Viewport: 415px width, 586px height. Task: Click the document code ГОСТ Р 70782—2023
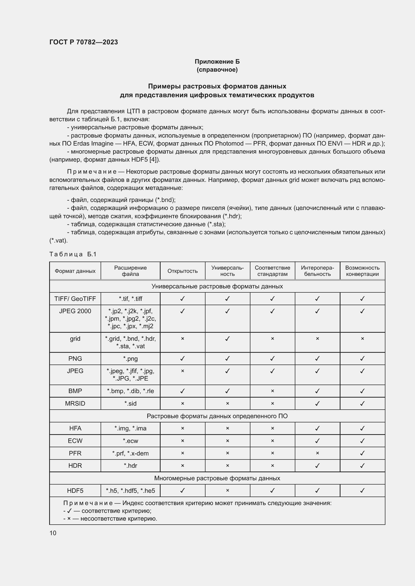[84, 42]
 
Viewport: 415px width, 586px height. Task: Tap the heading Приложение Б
[217, 62]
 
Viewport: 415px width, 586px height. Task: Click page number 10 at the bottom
[53, 533]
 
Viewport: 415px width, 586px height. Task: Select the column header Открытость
[182, 271]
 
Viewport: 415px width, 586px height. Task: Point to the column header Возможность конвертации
[362, 271]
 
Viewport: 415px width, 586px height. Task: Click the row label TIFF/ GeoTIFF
[75, 299]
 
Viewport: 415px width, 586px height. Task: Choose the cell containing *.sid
[130, 404]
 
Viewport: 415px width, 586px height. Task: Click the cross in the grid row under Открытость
[182, 339]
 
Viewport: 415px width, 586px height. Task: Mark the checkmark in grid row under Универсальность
[227, 339]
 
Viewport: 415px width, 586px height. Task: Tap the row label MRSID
[75, 404]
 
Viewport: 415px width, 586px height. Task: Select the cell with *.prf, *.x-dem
[130, 453]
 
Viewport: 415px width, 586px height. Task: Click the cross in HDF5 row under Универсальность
[227, 490]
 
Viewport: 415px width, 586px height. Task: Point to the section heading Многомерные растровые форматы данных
[217, 478]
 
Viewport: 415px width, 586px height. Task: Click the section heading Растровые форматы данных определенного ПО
[217, 416]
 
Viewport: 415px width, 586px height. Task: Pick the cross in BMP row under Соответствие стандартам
[272, 391]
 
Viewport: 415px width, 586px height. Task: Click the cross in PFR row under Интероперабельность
[317, 453]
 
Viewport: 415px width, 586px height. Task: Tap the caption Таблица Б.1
[73, 254]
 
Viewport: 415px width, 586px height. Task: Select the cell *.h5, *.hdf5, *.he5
[130, 491]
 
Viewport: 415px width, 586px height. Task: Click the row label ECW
[75, 441]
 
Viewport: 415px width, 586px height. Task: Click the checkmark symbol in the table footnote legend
[69, 511]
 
